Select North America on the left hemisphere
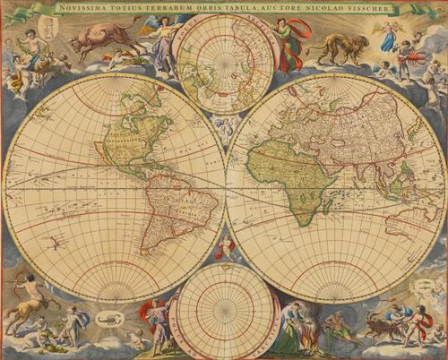[x=134, y=134]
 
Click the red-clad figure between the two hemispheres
[x=223, y=246]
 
